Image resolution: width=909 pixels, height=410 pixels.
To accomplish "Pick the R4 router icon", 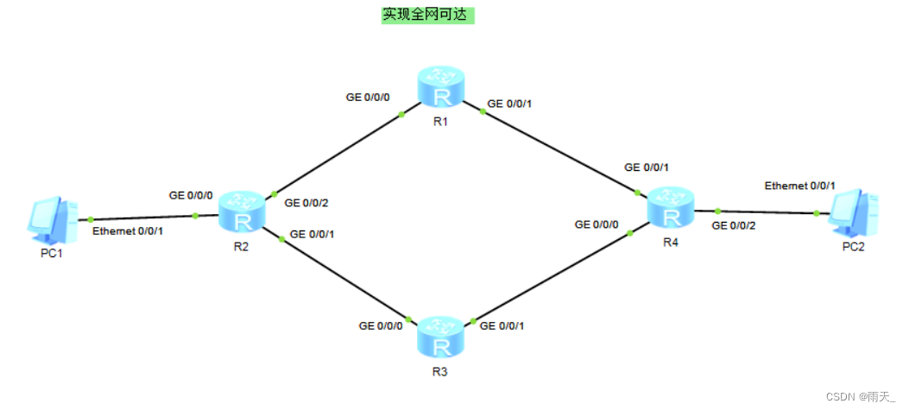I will tap(671, 208).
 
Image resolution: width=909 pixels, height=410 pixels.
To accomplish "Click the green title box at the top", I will tap(428, 16).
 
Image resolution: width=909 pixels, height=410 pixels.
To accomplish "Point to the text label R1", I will tap(440, 121).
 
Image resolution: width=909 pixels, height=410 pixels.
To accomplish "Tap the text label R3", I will tap(440, 372).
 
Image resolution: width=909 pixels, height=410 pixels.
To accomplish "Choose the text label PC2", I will tap(853, 248).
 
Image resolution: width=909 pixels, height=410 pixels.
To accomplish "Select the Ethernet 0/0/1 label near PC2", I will tap(800, 186).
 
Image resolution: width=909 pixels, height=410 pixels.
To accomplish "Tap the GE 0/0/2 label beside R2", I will tap(306, 204).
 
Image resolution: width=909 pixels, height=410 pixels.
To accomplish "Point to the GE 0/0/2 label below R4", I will tap(734, 225).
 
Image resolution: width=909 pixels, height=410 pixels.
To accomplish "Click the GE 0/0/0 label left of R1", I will tap(368, 98).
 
